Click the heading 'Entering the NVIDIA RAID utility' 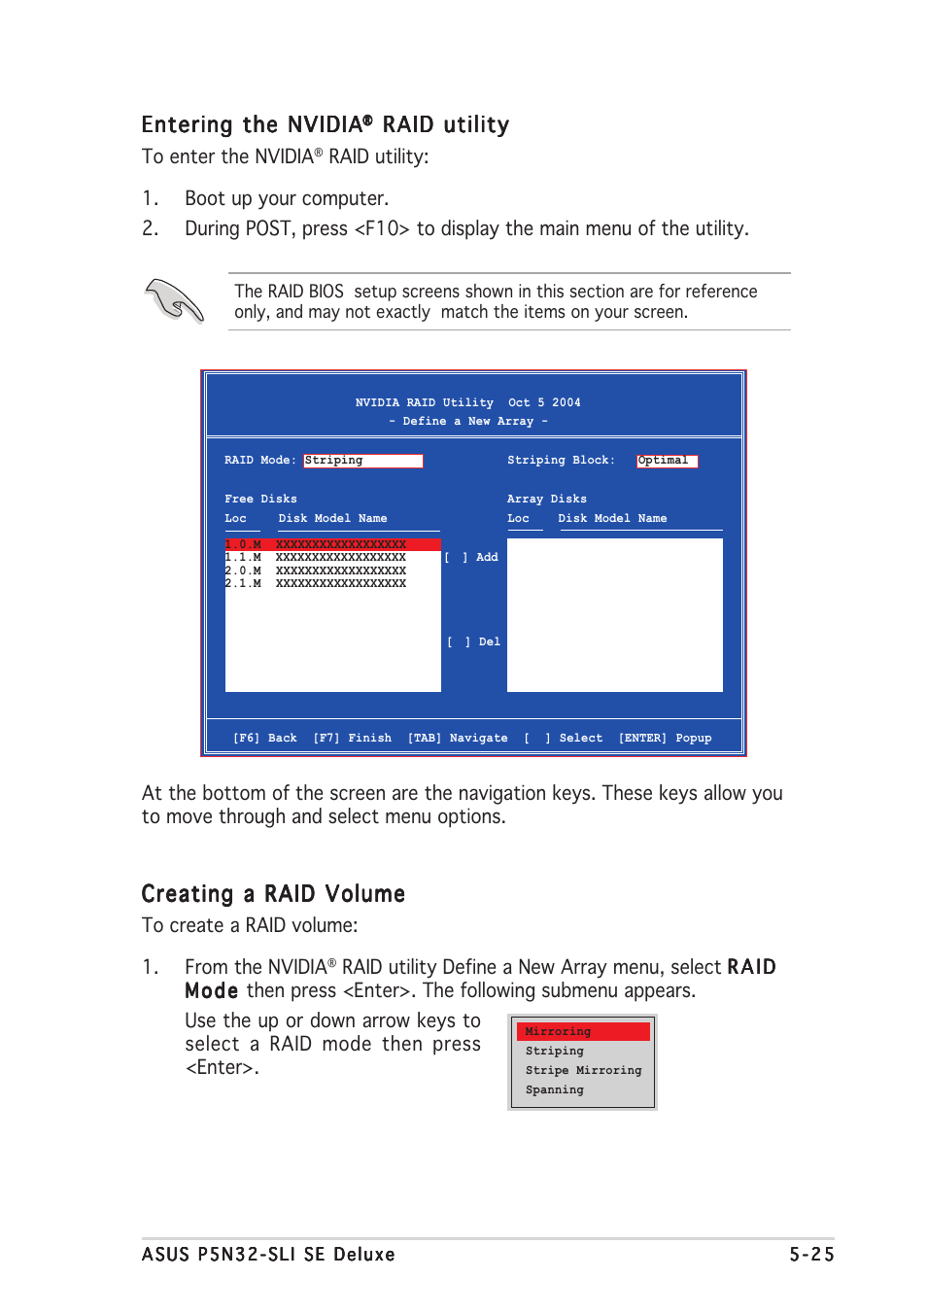point(325,124)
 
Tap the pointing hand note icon point(174,300)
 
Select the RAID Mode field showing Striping point(362,461)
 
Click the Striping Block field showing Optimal point(667,461)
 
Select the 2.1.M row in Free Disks point(316,584)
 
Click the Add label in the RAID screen point(487,558)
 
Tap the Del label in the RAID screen point(489,642)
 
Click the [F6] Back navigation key point(264,739)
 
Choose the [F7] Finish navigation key point(352,739)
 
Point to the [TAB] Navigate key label point(457,739)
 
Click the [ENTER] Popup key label point(665,739)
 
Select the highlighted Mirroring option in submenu point(582,1031)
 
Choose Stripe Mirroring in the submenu point(583,1070)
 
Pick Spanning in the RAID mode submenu point(555,1089)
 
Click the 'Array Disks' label point(546,500)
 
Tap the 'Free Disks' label point(260,500)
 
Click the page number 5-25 point(810,1255)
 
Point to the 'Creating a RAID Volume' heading point(273,894)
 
